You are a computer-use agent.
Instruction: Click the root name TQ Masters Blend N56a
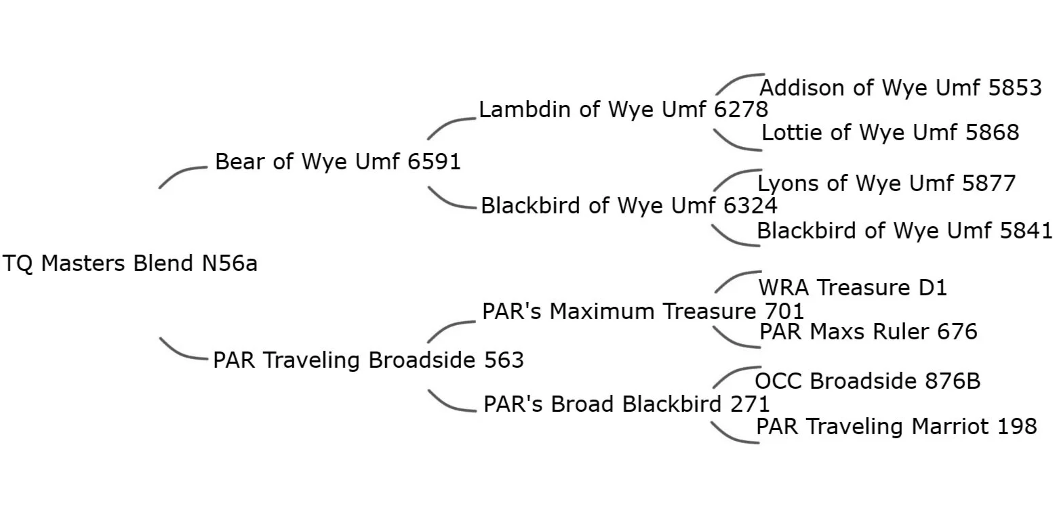130,263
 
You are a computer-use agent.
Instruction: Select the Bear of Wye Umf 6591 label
338,162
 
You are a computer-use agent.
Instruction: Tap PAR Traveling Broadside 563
368,360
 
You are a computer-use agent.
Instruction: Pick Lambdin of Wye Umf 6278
623,110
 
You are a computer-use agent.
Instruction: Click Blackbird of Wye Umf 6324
629,206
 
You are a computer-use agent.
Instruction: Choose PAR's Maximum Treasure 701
642,312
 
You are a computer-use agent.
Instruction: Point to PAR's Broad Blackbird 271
626,404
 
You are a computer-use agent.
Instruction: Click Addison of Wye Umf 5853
900,88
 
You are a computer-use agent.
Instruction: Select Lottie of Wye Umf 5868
890,133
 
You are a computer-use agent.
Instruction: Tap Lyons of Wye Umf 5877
886,184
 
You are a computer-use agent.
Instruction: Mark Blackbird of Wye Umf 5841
904,231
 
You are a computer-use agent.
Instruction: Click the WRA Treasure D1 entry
852,288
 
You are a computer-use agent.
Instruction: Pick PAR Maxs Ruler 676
868,332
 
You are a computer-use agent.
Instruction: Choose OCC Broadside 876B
867,381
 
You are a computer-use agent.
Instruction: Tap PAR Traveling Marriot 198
896,427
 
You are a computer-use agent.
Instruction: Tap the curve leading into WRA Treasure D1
736,278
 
